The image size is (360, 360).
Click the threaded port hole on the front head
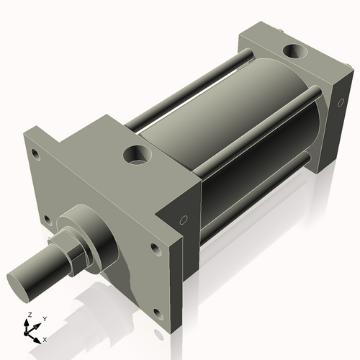pos(135,154)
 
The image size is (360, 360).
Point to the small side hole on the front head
pos(183,220)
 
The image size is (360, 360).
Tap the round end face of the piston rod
pos(22,277)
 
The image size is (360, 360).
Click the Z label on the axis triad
pos(28,315)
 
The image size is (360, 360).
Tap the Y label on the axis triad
pos(44,318)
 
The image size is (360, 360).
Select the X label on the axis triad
pos(45,338)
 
